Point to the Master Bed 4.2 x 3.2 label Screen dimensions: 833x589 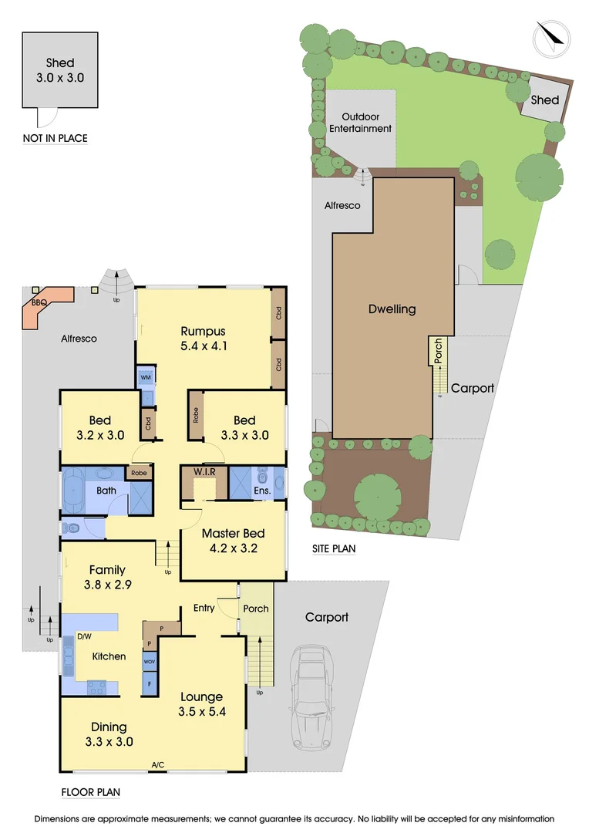[x=233, y=541]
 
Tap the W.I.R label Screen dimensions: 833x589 [x=204, y=470]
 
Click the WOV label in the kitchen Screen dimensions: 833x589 [x=150, y=661]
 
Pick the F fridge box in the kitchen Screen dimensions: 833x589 [x=150, y=683]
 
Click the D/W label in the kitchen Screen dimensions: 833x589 [x=83, y=637]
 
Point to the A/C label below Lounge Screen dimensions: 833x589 [x=158, y=765]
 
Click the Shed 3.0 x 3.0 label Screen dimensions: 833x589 [x=60, y=70]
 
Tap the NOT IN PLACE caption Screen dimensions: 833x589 [x=55, y=139]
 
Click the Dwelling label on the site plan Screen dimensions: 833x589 [x=392, y=309]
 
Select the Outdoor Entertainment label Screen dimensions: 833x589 [x=361, y=123]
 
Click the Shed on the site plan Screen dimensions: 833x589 [x=545, y=100]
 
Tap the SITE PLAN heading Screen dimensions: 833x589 [x=333, y=548]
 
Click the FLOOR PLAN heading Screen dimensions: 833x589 [x=90, y=792]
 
